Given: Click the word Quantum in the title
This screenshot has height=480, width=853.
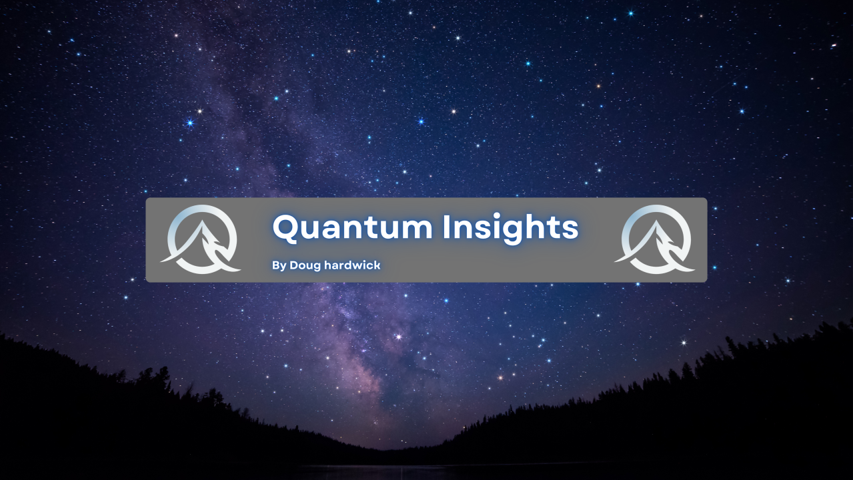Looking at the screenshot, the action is (x=352, y=227).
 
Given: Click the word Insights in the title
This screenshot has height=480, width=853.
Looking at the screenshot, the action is (x=510, y=227).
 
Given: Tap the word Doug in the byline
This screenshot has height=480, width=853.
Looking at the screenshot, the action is (x=305, y=266).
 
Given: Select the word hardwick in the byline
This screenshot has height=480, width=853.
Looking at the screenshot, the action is (x=352, y=265).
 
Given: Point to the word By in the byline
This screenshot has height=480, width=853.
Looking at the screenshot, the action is (x=279, y=266).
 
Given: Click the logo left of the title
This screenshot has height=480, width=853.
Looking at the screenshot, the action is (x=201, y=239).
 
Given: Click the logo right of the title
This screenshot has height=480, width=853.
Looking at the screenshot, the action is (x=655, y=239).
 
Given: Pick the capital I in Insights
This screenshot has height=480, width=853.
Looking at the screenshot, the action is (x=446, y=227).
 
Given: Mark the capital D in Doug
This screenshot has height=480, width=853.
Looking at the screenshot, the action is (x=294, y=265).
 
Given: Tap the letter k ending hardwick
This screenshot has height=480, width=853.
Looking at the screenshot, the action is (x=377, y=265).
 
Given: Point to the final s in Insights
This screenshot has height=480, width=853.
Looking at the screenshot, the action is (x=570, y=229).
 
